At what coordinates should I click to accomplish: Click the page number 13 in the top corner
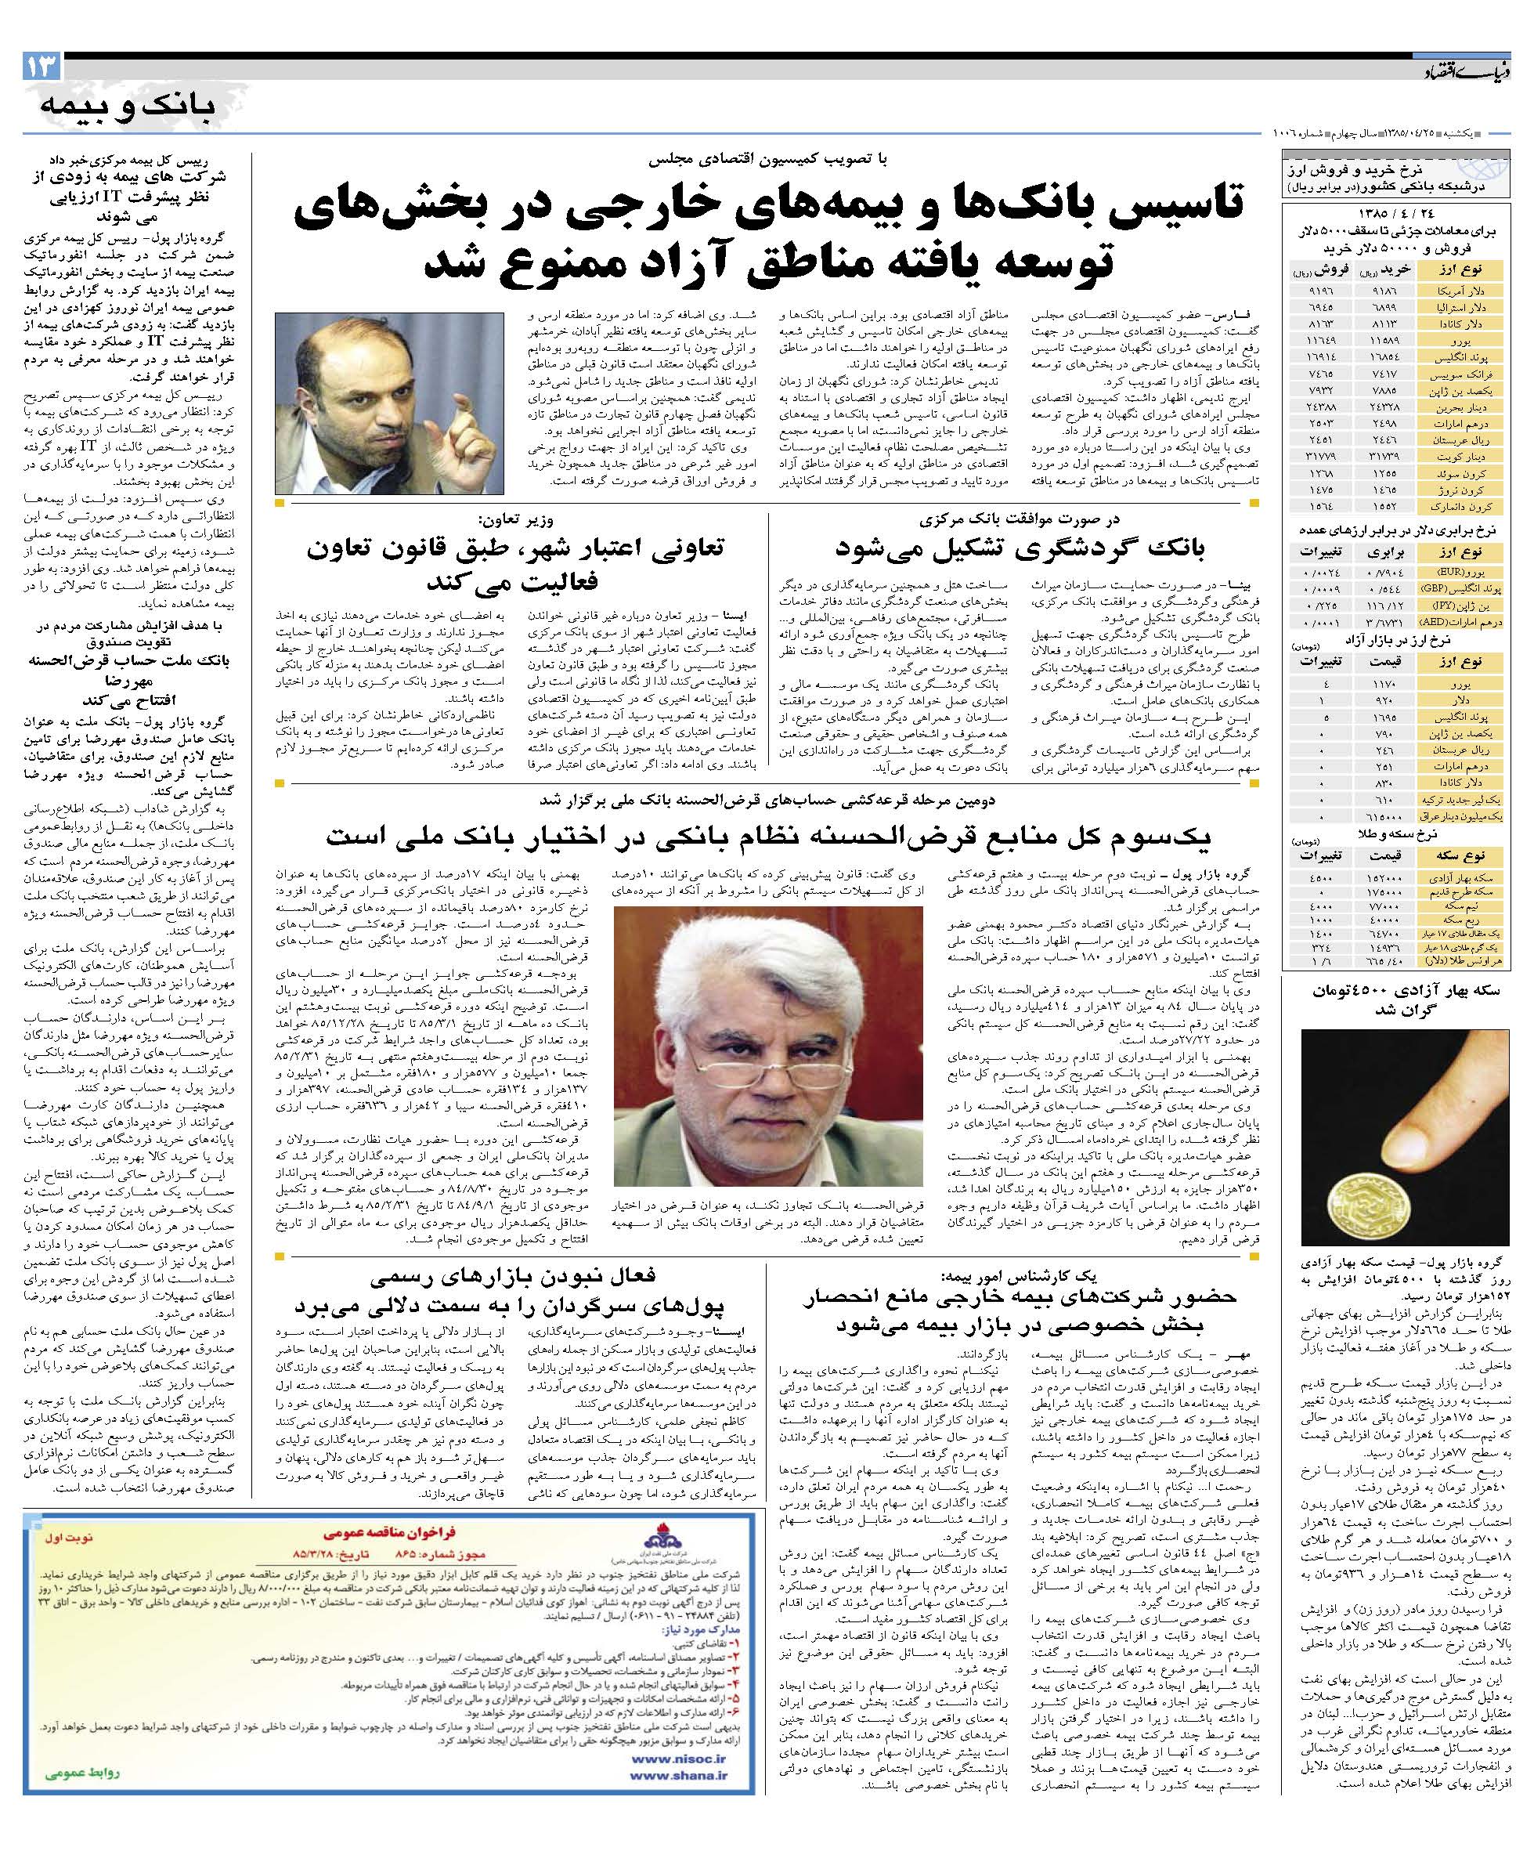tap(41, 66)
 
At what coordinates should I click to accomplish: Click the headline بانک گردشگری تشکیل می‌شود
tap(1020, 548)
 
